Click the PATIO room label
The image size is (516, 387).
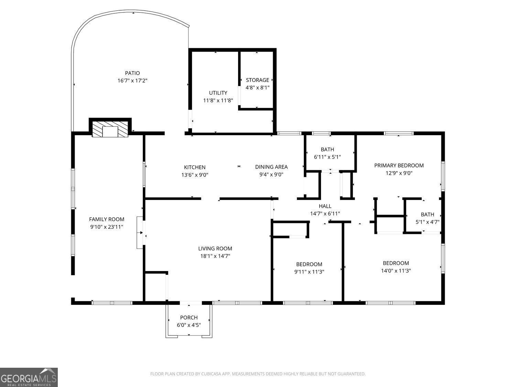(x=132, y=73)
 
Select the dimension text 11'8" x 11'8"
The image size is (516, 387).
(x=218, y=100)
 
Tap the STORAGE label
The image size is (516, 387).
(x=257, y=80)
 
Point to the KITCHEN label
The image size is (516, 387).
(x=195, y=167)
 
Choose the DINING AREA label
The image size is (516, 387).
(x=271, y=167)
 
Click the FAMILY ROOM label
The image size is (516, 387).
(x=107, y=219)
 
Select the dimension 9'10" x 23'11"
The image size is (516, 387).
(x=107, y=227)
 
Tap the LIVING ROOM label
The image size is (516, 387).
(x=215, y=248)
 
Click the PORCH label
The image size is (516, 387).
(x=189, y=318)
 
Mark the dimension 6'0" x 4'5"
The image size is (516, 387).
(x=189, y=325)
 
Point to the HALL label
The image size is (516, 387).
(x=325, y=206)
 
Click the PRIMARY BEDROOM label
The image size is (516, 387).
(x=399, y=165)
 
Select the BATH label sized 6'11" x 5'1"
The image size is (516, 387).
(x=327, y=149)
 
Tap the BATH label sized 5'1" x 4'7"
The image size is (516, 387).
(x=427, y=214)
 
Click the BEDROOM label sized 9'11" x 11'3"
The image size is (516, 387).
(x=309, y=264)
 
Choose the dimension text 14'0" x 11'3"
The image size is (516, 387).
(x=396, y=271)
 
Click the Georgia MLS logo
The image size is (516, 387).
(x=29, y=377)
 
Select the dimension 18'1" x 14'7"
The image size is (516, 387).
(x=215, y=256)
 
